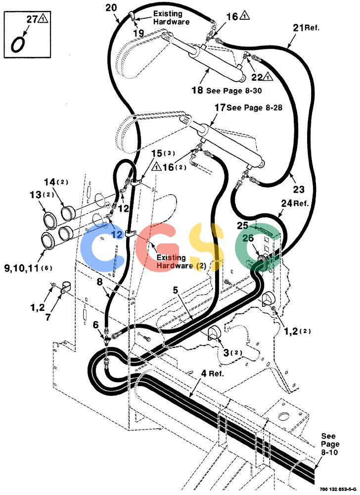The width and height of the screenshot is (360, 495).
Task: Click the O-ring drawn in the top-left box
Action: coord(12,44)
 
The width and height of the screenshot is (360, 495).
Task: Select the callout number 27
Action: coord(32,19)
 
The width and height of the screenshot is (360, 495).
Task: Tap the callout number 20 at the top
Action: coord(111,7)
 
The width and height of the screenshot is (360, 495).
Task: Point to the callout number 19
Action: coord(138,33)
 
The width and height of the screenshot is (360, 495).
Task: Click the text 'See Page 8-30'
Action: coord(234,91)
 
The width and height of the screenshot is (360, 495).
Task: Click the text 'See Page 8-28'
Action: coord(254,107)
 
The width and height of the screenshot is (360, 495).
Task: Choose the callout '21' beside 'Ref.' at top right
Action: coord(298,28)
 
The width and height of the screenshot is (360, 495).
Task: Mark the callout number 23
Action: coord(299,189)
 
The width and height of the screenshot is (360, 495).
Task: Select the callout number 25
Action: coord(243,226)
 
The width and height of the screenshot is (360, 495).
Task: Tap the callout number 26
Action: coord(248,238)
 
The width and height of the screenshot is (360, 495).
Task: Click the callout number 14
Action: coord(49,182)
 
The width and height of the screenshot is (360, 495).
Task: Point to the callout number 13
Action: coord(36,195)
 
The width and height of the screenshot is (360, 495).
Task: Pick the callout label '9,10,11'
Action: coord(22,268)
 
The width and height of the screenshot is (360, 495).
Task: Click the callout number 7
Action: coord(48,317)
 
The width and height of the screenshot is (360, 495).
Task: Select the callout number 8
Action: coord(99,282)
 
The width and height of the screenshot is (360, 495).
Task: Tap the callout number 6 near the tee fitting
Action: coord(96,325)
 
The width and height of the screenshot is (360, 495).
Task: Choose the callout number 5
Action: coord(176,290)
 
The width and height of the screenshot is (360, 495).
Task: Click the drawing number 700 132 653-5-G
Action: coord(338,489)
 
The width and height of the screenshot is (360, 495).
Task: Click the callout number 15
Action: coord(157,154)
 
